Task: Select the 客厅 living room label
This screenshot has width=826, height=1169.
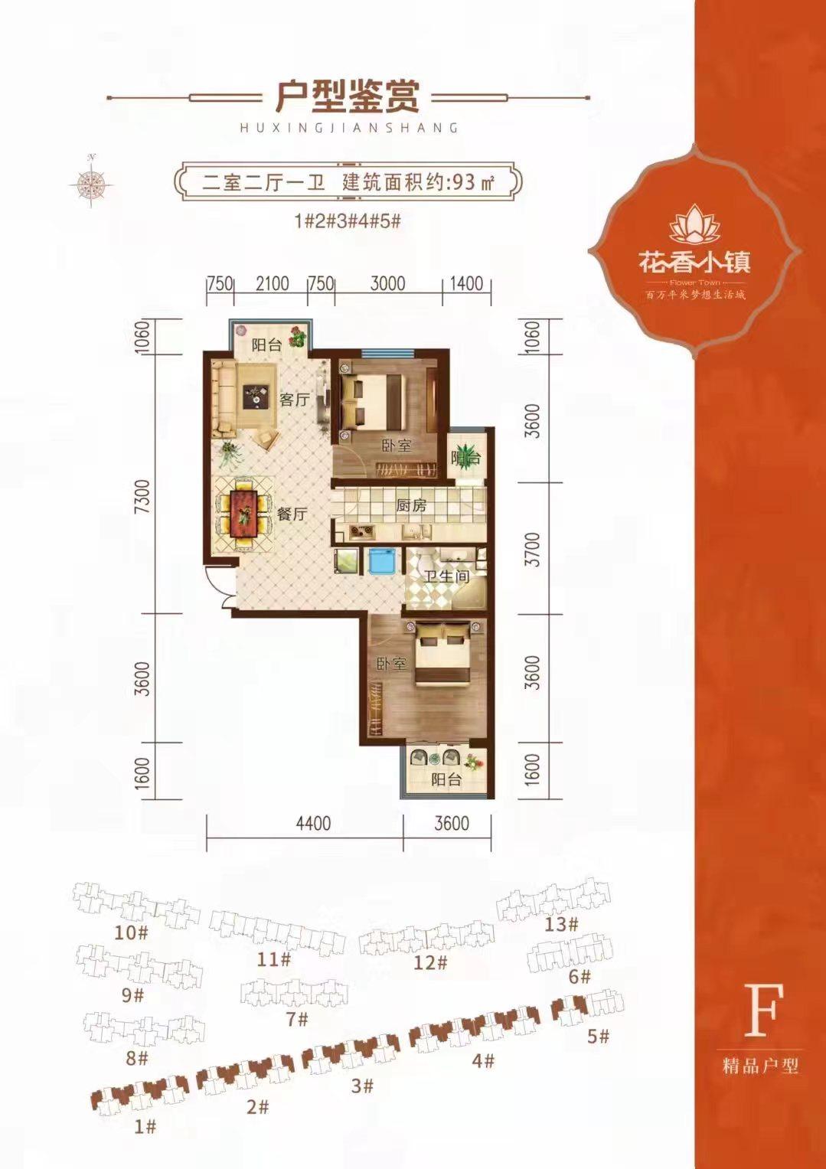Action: (293, 399)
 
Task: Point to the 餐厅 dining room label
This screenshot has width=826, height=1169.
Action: (291, 514)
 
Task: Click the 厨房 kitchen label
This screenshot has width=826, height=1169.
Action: (410, 506)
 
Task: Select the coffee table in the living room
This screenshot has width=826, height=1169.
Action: (254, 396)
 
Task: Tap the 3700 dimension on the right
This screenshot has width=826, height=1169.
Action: (534, 548)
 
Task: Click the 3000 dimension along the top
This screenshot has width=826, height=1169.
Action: (387, 283)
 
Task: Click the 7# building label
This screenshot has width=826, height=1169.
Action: (296, 1019)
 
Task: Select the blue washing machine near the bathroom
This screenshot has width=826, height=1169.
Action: (380, 562)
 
